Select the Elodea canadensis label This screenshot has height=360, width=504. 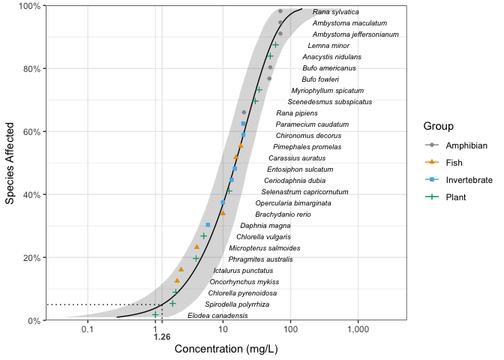[x=217, y=316]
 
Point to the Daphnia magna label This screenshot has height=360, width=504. [x=265, y=226]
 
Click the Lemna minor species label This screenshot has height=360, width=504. [x=328, y=46]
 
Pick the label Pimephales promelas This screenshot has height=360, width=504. [x=301, y=147]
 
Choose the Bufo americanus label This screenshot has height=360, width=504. [x=328, y=68]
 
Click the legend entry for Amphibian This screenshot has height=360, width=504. [x=466, y=144]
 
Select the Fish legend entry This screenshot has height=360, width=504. [x=456, y=162]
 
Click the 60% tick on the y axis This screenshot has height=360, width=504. [x=30, y=131]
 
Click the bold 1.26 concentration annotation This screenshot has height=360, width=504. [x=162, y=337]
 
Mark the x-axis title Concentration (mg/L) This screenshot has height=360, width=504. [x=226, y=349]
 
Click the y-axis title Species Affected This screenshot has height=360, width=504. [x=10, y=163]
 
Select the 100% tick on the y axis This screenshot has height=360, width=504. [x=28, y=6]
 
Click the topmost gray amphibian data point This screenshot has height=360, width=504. [x=280, y=11]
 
